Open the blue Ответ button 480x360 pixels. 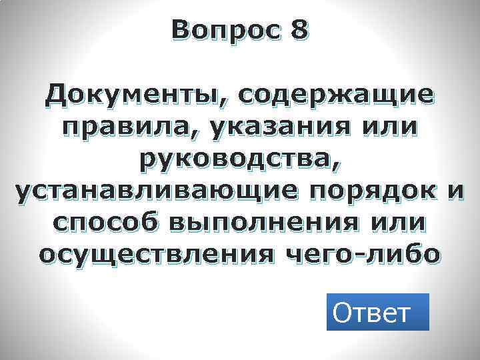click(377, 311)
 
